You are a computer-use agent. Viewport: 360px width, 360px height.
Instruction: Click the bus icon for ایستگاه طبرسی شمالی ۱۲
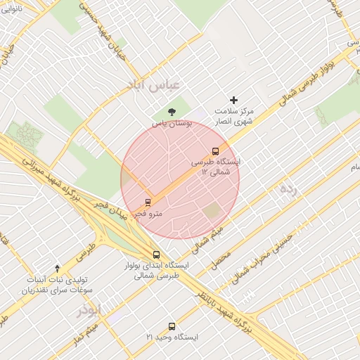point(215,150)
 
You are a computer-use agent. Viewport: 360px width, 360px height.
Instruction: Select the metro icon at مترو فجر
point(148,202)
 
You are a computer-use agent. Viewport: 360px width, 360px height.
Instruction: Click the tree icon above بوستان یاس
point(172,112)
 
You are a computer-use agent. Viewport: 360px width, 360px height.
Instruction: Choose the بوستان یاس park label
point(172,123)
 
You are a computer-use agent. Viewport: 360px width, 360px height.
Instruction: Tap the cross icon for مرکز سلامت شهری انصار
point(234,100)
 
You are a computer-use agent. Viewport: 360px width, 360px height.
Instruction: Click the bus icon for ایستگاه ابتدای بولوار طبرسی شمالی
point(156,255)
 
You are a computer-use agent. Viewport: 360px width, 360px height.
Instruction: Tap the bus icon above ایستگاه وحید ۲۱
point(172,326)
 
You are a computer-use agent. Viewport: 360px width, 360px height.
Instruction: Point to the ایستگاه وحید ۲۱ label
point(172,337)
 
